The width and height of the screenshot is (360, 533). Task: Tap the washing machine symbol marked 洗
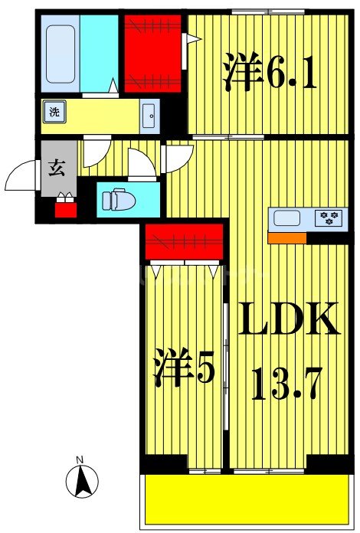(54, 110)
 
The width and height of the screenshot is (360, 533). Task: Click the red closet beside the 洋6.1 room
(153, 51)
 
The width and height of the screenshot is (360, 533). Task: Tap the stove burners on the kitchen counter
(331, 218)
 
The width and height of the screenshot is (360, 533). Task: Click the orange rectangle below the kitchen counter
(287, 237)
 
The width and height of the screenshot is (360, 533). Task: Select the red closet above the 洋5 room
(185, 242)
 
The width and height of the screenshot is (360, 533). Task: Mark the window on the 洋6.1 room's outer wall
(267, 11)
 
